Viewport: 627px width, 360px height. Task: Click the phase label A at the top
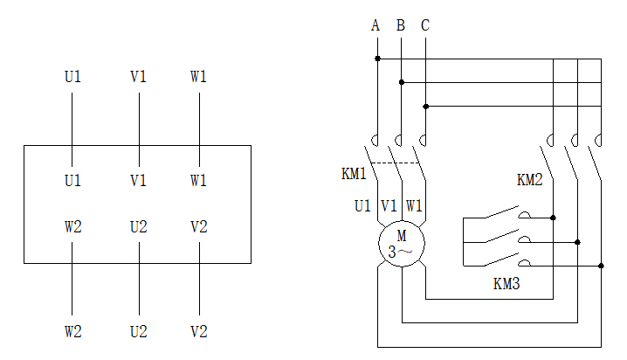(x=376, y=25)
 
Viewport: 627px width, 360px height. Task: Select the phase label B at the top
(x=401, y=25)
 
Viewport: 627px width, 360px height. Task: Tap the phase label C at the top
(x=425, y=25)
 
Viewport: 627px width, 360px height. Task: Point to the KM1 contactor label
(x=353, y=174)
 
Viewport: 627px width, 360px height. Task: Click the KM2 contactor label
(x=529, y=181)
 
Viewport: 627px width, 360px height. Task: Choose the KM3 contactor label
(x=507, y=283)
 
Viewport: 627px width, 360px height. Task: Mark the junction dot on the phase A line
(x=377, y=59)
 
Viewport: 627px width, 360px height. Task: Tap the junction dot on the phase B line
(x=402, y=82)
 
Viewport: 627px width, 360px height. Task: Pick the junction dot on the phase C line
(x=426, y=107)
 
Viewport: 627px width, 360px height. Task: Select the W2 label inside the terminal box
(x=73, y=227)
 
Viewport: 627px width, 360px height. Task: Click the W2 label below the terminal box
(x=73, y=332)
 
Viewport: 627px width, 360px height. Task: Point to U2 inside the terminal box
(x=138, y=227)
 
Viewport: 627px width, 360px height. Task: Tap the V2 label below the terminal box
(x=199, y=332)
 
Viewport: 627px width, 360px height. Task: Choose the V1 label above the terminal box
(x=138, y=77)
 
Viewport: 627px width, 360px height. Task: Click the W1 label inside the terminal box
(x=199, y=181)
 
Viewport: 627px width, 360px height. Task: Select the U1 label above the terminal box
(x=73, y=77)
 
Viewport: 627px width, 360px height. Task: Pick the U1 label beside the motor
(x=362, y=206)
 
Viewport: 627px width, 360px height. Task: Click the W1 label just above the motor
(x=414, y=206)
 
